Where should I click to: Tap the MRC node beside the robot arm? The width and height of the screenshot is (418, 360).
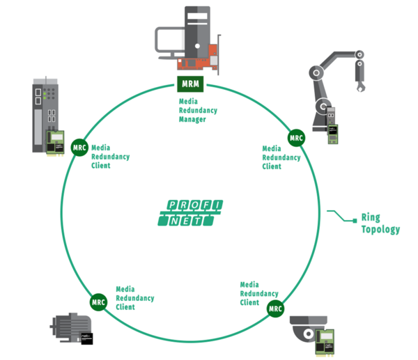[297, 138]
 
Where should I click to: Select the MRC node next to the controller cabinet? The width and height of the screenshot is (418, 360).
[79, 147]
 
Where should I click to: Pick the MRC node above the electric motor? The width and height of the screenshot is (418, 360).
[98, 302]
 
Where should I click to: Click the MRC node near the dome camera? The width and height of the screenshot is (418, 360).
[275, 308]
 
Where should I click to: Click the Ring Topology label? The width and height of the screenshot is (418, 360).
[380, 223]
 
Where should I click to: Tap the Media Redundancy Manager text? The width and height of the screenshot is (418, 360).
[199, 110]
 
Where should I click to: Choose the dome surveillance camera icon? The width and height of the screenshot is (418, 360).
[307, 332]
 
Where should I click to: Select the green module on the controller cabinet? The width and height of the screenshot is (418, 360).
[54, 141]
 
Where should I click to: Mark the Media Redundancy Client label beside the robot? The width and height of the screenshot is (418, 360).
[281, 157]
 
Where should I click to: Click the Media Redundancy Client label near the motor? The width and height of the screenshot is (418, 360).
[135, 297]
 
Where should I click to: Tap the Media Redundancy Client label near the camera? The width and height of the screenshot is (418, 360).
[260, 293]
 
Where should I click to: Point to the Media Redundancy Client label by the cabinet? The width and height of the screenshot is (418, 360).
[110, 157]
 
